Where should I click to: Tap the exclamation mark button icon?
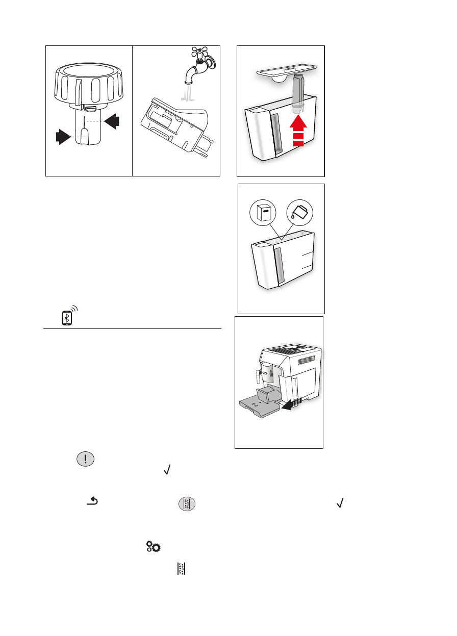(85, 458)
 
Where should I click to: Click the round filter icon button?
(187, 504)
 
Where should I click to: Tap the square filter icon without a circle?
(181, 570)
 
